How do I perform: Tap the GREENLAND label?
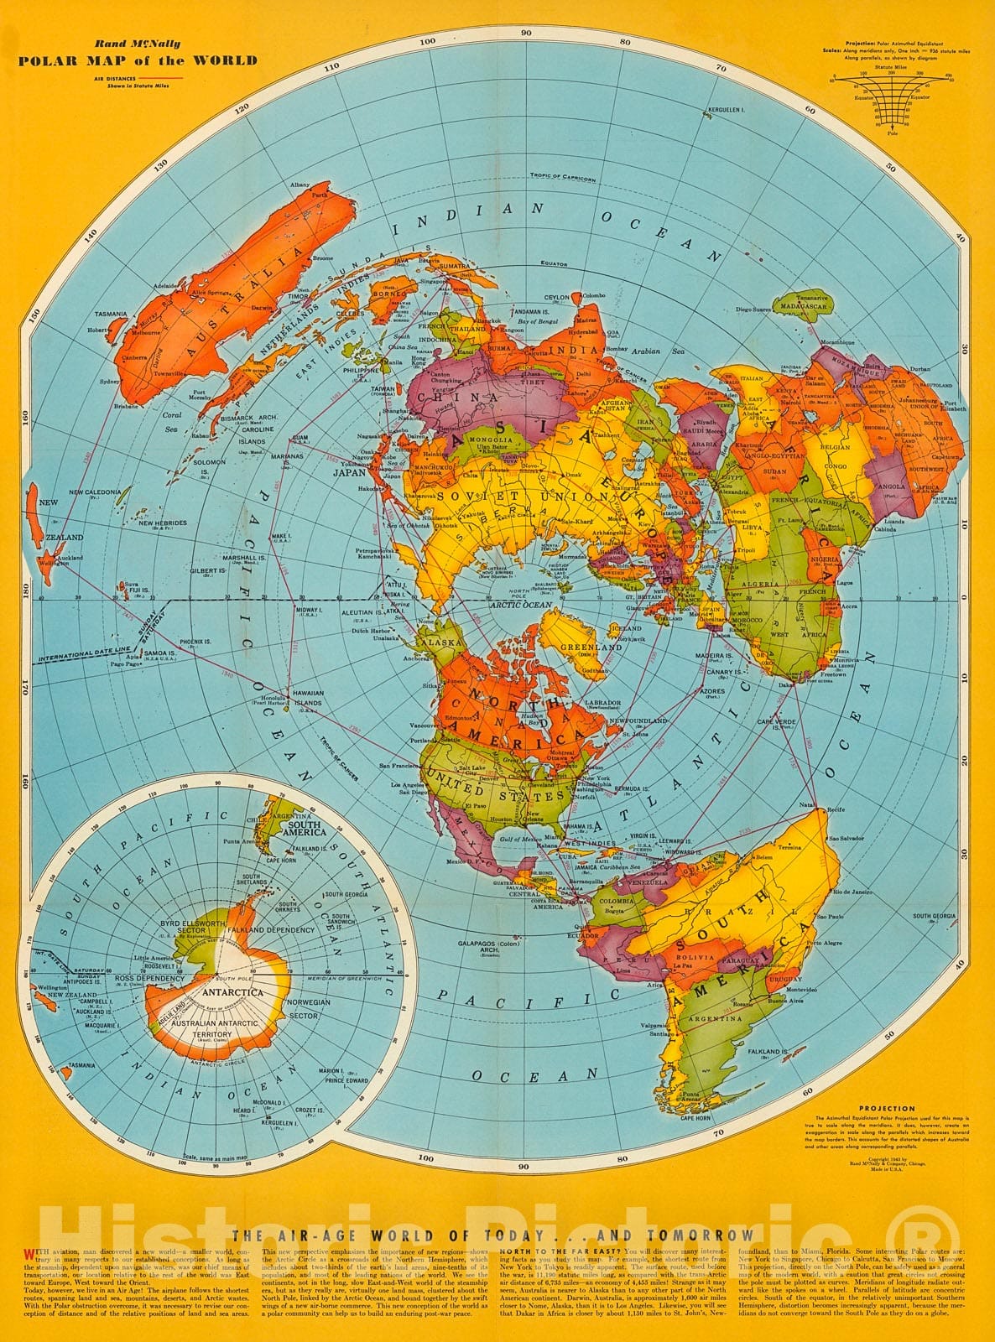pyautogui.click(x=597, y=648)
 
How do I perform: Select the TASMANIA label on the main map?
pyautogui.click(x=111, y=314)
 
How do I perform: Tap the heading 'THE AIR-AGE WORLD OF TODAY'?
pyautogui.click(x=493, y=1235)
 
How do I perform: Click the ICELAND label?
pyautogui.click(x=628, y=627)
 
